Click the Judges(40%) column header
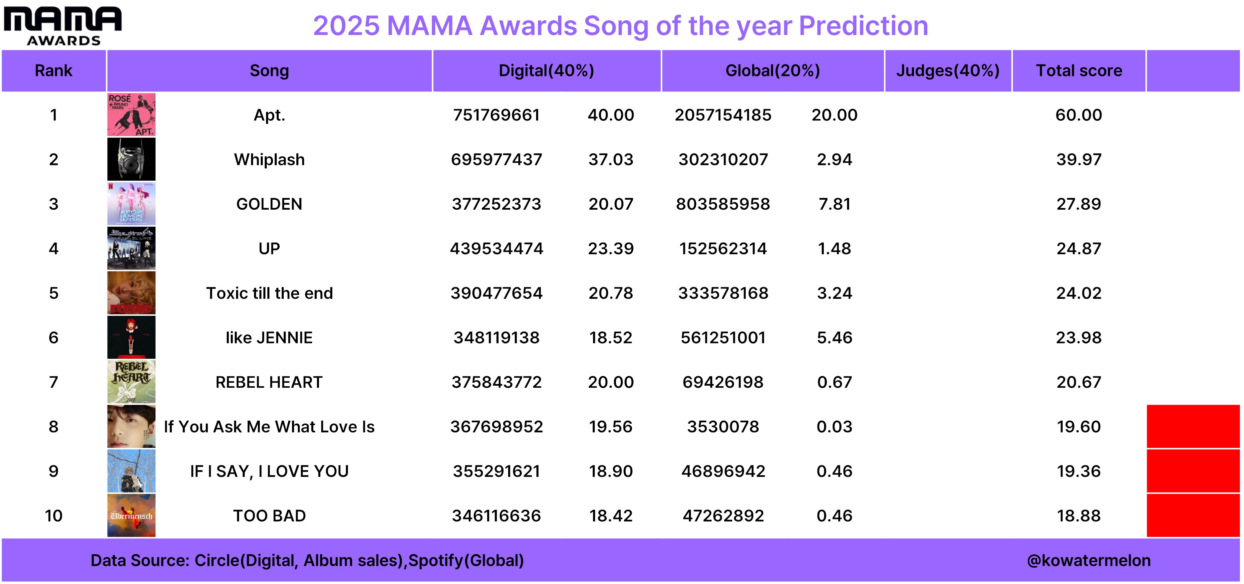pyautogui.click(x=948, y=71)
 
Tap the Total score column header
pyautogui.click(x=1079, y=71)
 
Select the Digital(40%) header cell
pyautogui.click(x=547, y=71)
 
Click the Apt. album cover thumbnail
pyautogui.click(x=131, y=115)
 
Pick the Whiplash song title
pyautogui.click(x=269, y=160)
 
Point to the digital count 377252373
pyautogui.click(x=496, y=204)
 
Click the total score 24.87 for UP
pyautogui.click(x=1079, y=249)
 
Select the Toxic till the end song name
pyautogui.click(x=269, y=293)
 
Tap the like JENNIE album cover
pyautogui.click(x=131, y=337)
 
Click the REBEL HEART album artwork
pyautogui.click(x=131, y=382)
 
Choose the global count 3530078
pyautogui.click(x=723, y=427)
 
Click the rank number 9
pyautogui.click(x=54, y=471)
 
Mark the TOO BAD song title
pyautogui.click(x=269, y=516)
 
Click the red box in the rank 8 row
pyautogui.click(x=1193, y=427)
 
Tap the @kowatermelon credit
pyautogui.click(x=1088, y=560)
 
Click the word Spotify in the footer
pyautogui.click(x=436, y=561)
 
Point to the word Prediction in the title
pyautogui.click(x=863, y=26)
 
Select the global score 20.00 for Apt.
pyautogui.click(x=834, y=115)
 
